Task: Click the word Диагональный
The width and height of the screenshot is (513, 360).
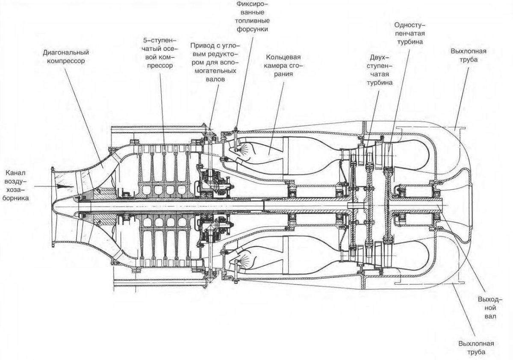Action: coord(66,53)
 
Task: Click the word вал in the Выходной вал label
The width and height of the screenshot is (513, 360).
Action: coord(491,316)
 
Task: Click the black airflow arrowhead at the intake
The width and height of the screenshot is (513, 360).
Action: coord(62,187)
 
